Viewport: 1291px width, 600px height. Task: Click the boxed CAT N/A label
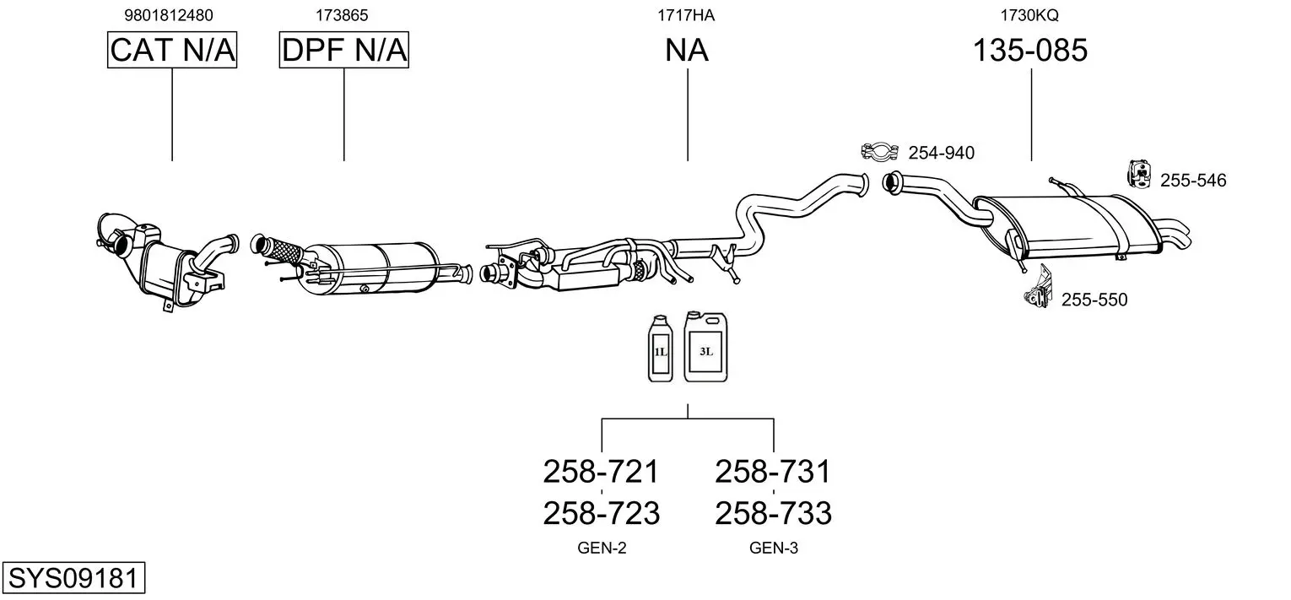tap(172, 51)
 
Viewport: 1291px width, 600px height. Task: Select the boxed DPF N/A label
tap(344, 51)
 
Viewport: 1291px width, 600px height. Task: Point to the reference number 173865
tap(342, 15)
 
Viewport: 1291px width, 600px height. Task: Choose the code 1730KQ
tap(1029, 15)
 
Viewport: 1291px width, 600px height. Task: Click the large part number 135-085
tap(1030, 51)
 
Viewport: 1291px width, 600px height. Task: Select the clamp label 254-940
tap(941, 153)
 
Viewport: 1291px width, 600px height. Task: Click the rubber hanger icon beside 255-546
tap(1140, 174)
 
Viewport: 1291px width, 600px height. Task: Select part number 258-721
tap(601, 471)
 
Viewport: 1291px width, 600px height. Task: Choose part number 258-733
tap(773, 513)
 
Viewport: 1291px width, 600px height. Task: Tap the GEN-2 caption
tap(602, 549)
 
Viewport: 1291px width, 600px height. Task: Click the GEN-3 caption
tap(773, 549)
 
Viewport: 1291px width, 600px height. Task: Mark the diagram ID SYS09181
tap(73, 580)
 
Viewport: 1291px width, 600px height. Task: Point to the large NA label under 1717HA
tap(687, 51)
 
